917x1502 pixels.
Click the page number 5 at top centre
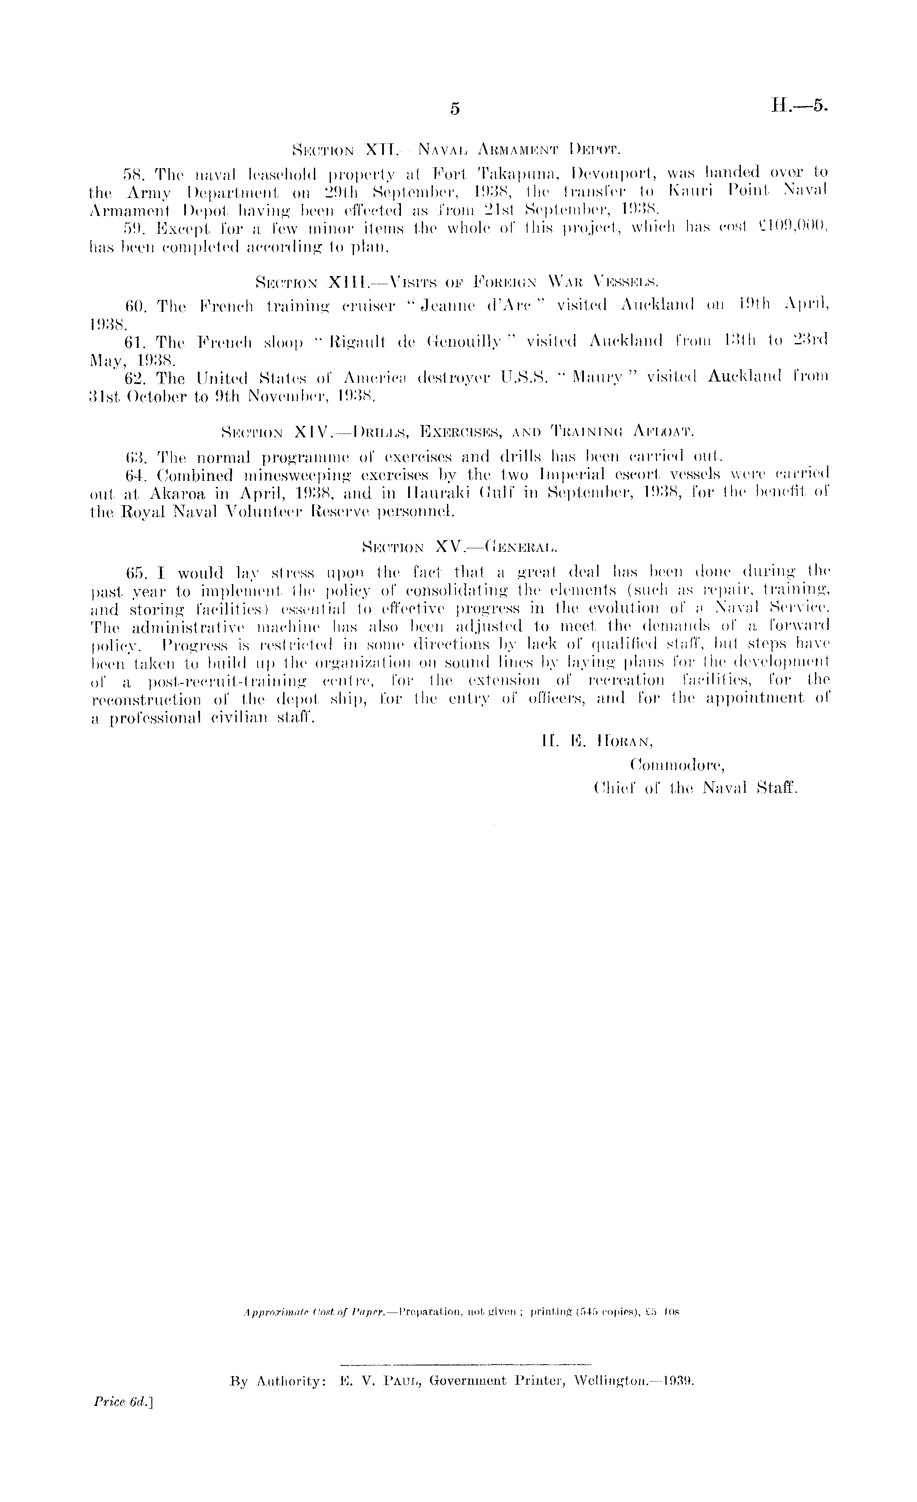455,108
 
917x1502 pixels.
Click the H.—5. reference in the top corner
800,105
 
